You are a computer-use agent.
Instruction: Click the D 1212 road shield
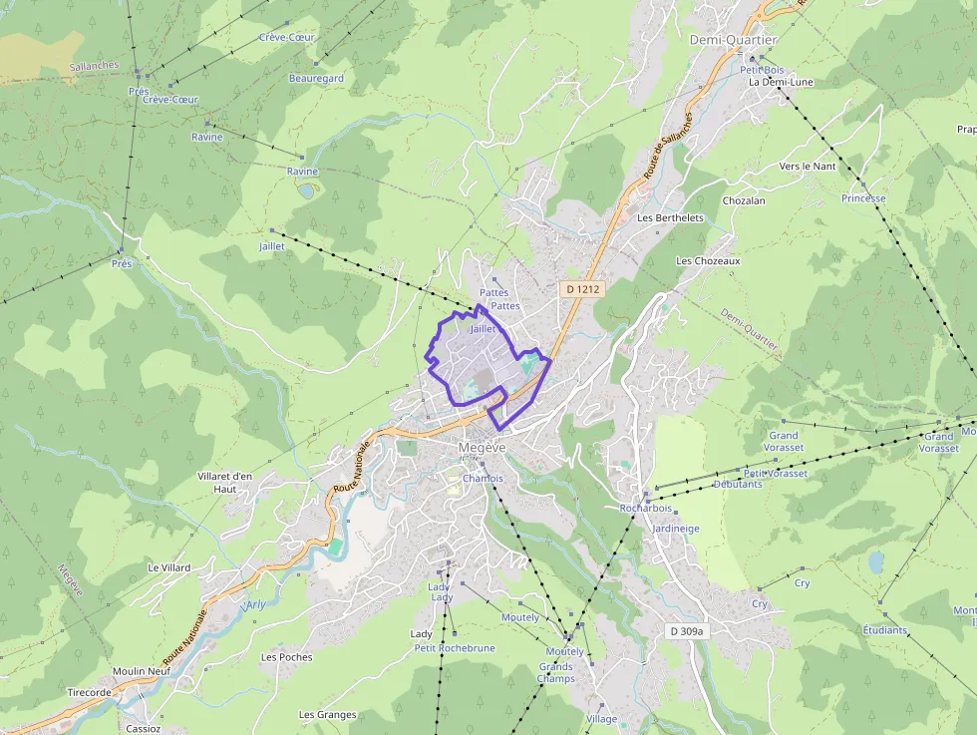[x=582, y=289]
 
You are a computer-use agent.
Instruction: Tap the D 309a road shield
[x=686, y=631]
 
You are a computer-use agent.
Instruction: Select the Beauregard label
[x=316, y=78]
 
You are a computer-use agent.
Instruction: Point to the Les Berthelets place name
[x=670, y=217]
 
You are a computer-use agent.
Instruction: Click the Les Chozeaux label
[x=708, y=260]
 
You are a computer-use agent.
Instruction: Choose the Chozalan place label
[x=744, y=200]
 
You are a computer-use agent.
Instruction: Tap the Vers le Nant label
[x=808, y=167]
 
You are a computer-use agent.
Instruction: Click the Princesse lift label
[x=863, y=198]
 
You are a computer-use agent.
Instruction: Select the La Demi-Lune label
[x=783, y=82]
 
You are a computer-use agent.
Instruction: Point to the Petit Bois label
[x=762, y=70]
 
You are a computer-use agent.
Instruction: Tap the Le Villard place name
[x=168, y=567]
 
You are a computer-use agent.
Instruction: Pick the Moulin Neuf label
[x=142, y=671]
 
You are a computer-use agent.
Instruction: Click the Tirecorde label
[x=90, y=692]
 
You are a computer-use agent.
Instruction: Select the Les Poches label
[x=286, y=657]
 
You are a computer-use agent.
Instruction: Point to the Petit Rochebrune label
[x=455, y=647]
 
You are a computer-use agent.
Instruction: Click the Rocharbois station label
[x=646, y=508]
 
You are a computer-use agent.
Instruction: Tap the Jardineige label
[x=675, y=529]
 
